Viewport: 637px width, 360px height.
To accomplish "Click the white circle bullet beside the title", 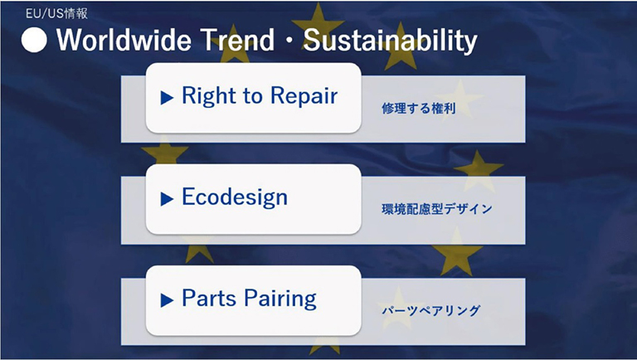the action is pyautogui.click(x=34, y=40).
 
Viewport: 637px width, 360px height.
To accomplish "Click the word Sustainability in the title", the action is pyautogui.click(x=391, y=41).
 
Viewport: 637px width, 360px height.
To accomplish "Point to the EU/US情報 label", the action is pyautogui.click(x=56, y=13).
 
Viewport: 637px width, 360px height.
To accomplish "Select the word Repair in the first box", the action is pyautogui.click(x=304, y=97).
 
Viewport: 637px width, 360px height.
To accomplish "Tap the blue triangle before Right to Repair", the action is pyautogui.click(x=167, y=98).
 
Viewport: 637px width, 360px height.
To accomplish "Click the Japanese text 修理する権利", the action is pyautogui.click(x=418, y=108).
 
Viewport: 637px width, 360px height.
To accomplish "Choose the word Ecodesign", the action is pyautogui.click(x=235, y=197).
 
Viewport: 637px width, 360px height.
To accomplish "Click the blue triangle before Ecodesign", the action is pyautogui.click(x=167, y=199).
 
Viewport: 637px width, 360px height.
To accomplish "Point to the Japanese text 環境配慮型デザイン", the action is pyautogui.click(x=437, y=209).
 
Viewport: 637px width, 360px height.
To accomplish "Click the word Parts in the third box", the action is pyautogui.click(x=209, y=298).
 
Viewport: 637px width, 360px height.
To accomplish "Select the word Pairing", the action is pyautogui.click(x=280, y=299).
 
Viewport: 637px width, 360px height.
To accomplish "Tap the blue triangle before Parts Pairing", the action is pyautogui.click(x=167, y=300).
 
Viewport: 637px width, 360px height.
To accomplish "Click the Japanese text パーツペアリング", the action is pyautogui.click(x=431, y=310).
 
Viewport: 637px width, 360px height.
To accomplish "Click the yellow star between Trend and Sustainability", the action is pyautogui.click(x=318, y=23).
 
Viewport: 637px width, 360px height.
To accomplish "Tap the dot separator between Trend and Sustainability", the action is pyautogui.click(x=289, y=41).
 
